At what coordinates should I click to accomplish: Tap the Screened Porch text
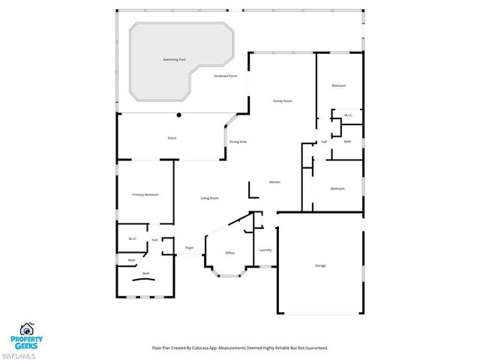pyautogui.click(x=225, y=76)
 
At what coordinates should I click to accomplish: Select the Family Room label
pyautogui.click(x=282, y=100)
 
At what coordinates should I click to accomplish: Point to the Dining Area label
pyautogui.click(x=238, y=142)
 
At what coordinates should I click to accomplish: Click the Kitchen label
pyautogui.click(x=274, y=183)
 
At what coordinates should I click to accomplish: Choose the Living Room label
pyautogui.click(x=209, y=198)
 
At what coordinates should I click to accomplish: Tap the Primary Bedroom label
pyautogui.click(x=145, y=195)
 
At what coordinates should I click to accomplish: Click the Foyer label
pyautogui.click(x=190, y=247)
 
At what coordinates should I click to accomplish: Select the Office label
pyautogui.click(x=230, y=253)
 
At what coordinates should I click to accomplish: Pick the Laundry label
pyautogui.click(x=265, y=250)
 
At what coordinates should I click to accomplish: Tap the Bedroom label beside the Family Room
pyautogui.click(x=339, y=85)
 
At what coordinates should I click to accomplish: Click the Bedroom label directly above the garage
pyautogui.click(x=337, y=188)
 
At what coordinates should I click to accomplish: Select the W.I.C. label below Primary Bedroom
pyautogui.click(x=132, y=239)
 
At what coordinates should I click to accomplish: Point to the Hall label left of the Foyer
pyautogui.click(x=154, y=240)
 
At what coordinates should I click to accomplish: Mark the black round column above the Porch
pyautogui.click(x=178, y=115)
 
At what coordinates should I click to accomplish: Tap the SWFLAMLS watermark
pyautogui.click(x=22, y=354)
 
